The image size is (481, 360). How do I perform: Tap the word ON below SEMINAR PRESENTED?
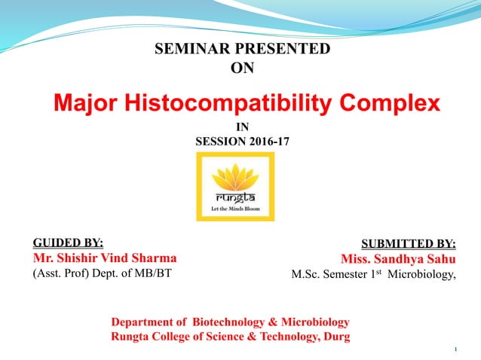[241, 69]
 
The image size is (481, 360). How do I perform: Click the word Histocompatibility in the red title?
[223, 102]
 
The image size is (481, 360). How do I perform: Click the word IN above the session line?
[242, 127]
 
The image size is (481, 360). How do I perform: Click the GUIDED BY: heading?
[68, 243]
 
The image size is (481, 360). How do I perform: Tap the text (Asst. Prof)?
[60, 273]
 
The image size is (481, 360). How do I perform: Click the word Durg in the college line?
[335, 337]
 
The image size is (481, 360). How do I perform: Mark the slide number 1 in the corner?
[457, 350]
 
